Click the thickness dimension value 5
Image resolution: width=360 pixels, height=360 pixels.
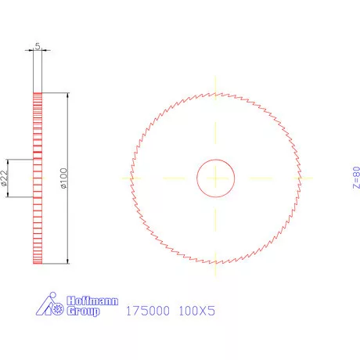tap(38, 47)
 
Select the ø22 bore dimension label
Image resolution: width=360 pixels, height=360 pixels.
tap(5, 178)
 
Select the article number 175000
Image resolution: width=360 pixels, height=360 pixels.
tap(146, 311)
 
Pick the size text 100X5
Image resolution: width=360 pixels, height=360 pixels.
tap(196, 311)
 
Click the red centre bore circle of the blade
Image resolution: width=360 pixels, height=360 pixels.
tap(214, 160)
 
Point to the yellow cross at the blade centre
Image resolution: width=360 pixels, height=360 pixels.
tap(214, 178)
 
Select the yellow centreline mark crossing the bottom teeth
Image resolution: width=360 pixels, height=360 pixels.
tap(214, 264)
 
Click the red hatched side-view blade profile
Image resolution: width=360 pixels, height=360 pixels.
tap(37, 178)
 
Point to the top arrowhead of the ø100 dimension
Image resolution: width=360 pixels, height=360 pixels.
tap(69, 95)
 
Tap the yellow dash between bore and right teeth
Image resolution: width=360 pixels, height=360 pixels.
tap(260, 178)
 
